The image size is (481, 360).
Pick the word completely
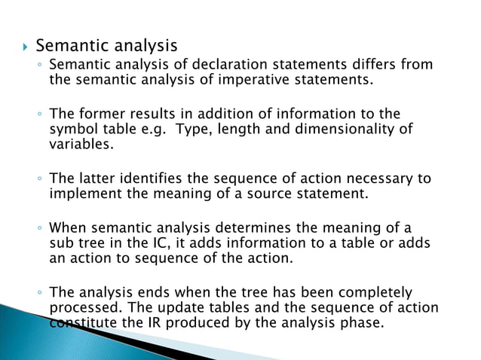pyautogui.click(x=376, y=292)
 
